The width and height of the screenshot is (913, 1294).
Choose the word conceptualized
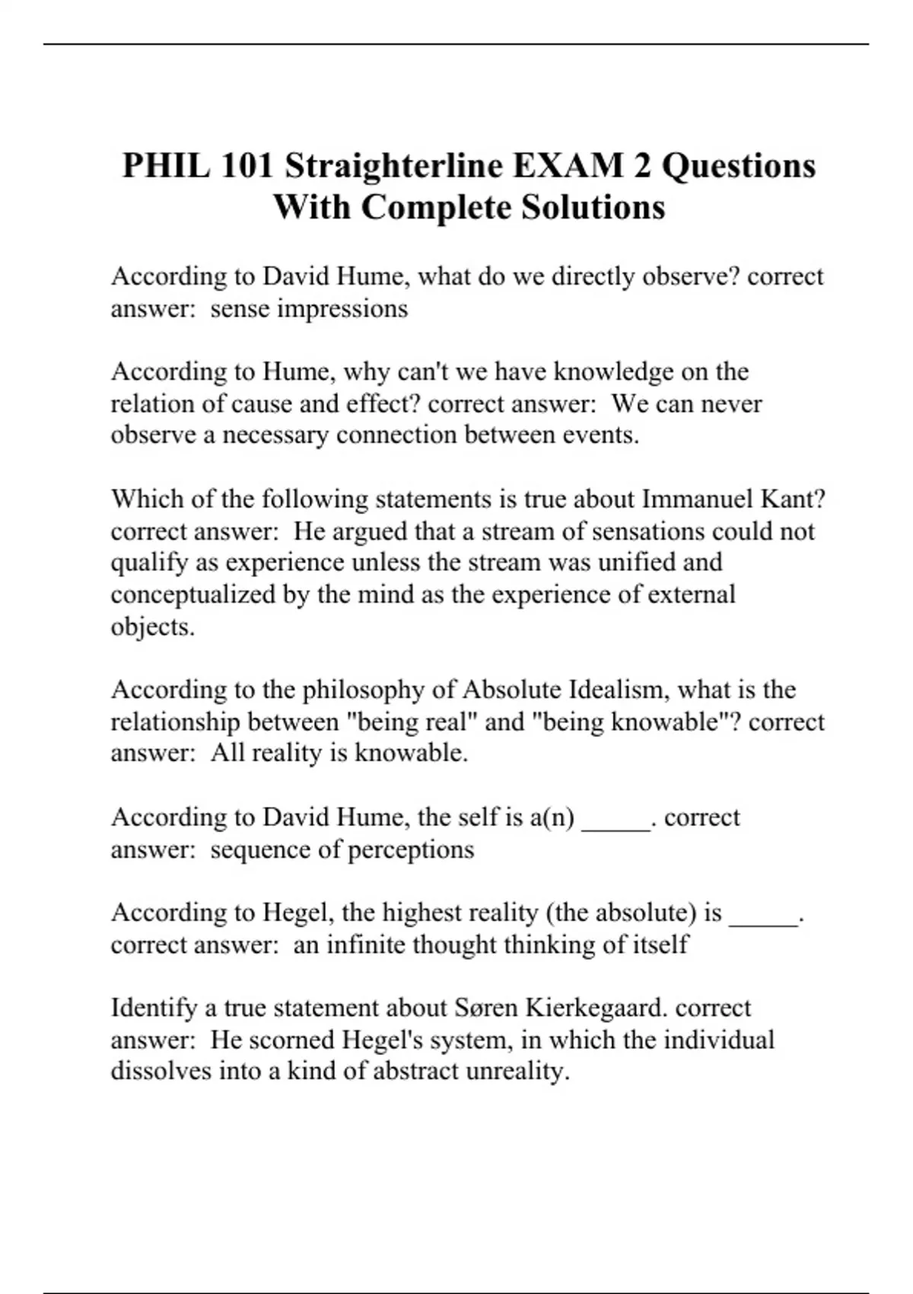(x=194, y=594)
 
